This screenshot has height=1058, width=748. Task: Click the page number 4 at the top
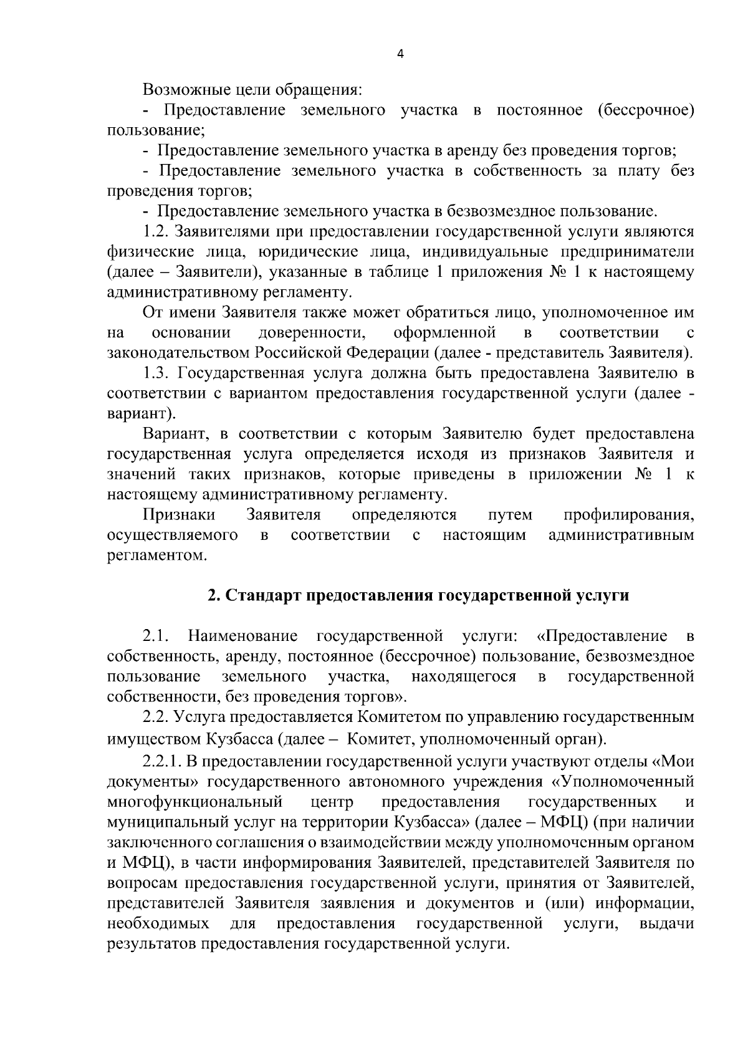pyautogui.click(x=400, y=54)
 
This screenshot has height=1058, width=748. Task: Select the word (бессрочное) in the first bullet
pyautogui.click(x=645, y=110)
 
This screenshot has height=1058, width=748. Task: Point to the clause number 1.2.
pyautogui.click(x=156, y=232)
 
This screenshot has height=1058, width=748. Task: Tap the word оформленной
pyautogui.click(x=444, y=332)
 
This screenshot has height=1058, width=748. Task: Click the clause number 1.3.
pyautogui.click(x=156, y=373)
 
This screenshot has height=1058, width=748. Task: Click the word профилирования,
pyautogui.click(x=629, y=515)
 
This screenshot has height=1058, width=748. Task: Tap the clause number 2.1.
pyautogui.click(x=156, y=636)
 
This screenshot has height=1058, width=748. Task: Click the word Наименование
pyautogui.click(x=243, y=636)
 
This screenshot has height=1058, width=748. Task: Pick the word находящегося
pyautogui.click(x=464, y=676)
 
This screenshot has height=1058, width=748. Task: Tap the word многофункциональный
pyautogui.click(x=195, y=801)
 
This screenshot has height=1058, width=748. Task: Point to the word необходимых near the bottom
pyautogui.click(x=158, y=923)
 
